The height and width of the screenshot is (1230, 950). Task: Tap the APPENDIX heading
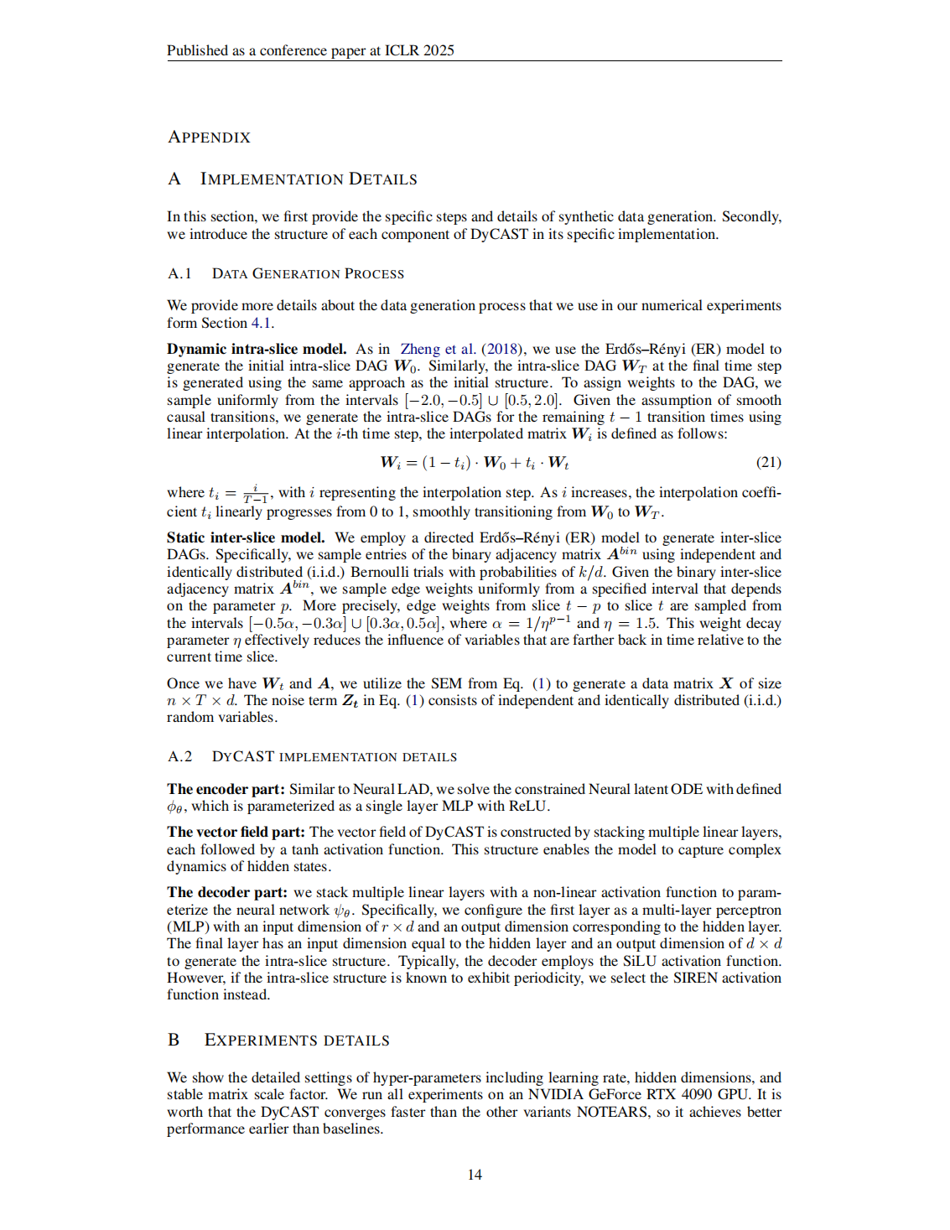click(x=209, y=138)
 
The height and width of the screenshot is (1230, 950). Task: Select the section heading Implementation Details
click(x=308, y=179)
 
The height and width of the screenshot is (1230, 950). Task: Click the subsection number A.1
click(x=179, y=274)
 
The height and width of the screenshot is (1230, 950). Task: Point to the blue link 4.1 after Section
click(x=261, y=324)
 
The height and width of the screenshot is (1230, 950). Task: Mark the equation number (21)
click(x=768, y=463)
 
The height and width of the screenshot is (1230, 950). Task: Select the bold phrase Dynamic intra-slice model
click(x=257, y=350)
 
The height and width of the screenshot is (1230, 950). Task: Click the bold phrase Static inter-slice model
click(x=246, y=538)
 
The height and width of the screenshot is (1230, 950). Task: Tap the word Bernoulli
click(x=378, y=573)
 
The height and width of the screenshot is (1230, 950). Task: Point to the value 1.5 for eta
click(x=646, y=624)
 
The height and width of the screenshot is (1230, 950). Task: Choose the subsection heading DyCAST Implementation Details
click(x=334, y=757)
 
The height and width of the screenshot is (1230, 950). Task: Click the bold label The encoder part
click(x=226, y=790)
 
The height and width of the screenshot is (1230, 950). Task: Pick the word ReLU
click(x=527, y=807)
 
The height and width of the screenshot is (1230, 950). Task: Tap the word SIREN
click(x=695, y=978)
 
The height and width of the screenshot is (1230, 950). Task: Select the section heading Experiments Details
click(x=297, y=1041)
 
